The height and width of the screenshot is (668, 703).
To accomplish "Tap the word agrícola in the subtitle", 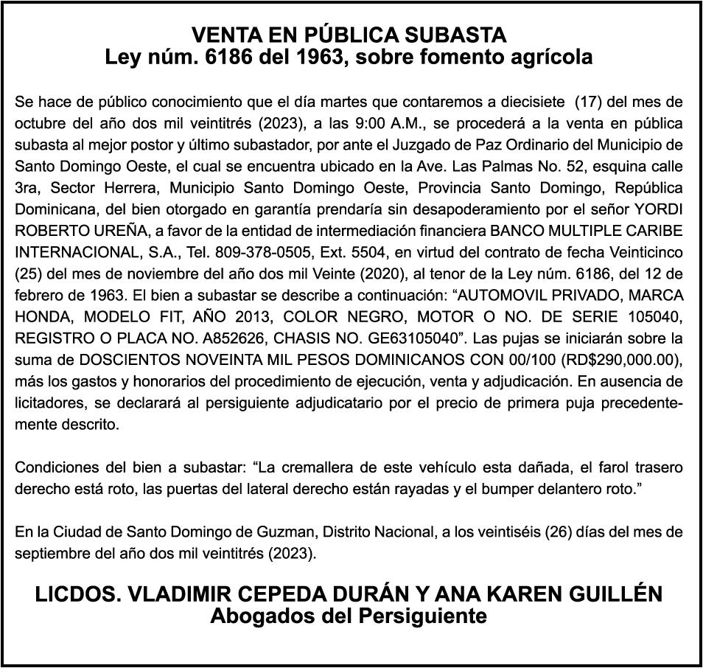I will click(x=548, y=57).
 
